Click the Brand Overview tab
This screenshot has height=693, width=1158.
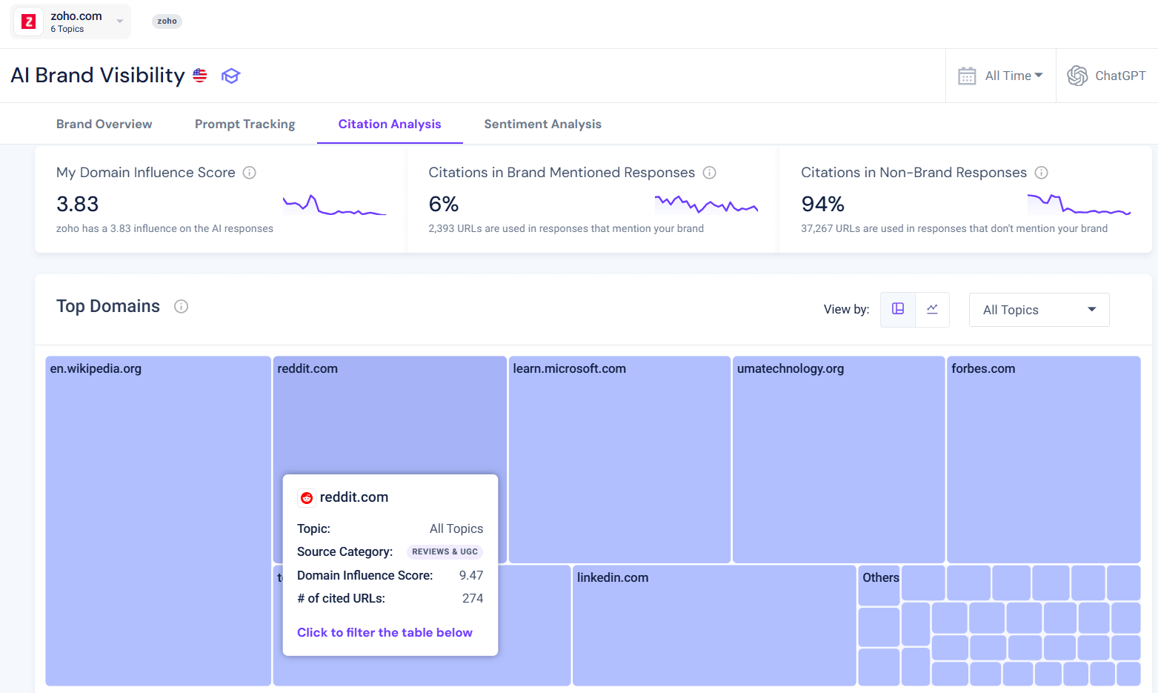(104, 124)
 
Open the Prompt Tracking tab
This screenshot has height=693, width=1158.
(244, 124)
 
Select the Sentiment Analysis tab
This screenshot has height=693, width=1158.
(542, 124)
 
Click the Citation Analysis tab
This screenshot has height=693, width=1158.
(390, 124)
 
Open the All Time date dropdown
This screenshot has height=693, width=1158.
(1001, 76)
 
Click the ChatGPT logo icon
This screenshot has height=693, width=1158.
(1077, 76)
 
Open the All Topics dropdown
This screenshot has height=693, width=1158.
(1039, 310)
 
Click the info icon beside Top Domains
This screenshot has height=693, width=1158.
(181, 307)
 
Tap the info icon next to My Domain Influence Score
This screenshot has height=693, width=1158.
(250, 173)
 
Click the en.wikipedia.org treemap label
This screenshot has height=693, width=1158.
(96, 368)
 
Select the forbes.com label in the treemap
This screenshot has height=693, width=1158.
(982, 368)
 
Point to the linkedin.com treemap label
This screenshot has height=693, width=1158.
(612, 577)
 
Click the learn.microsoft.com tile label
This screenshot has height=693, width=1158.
(569, 368)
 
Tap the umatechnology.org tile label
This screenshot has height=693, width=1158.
(790, 368)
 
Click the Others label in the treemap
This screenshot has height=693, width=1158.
(880, 577)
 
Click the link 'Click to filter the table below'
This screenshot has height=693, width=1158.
(385, 632)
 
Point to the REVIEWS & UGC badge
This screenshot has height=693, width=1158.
(445, 551)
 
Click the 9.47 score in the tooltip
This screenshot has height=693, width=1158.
(470, 575)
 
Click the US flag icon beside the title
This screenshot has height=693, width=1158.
(200, 76)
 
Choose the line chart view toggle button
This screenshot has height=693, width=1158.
(932, 309)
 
